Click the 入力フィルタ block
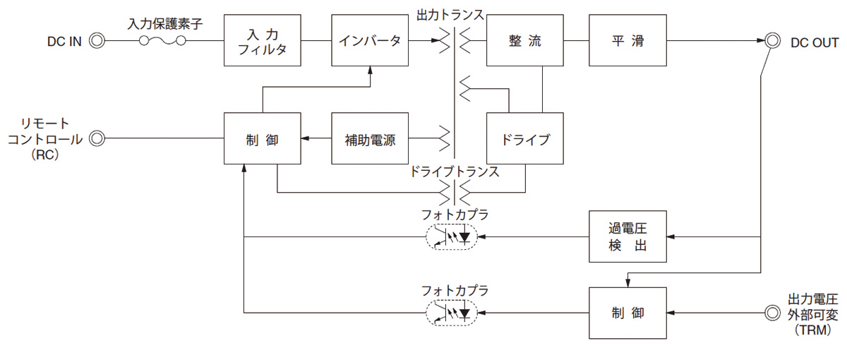pos(262,42)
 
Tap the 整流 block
pos(524,42)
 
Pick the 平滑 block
pos(627,42)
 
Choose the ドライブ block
pos(524,139)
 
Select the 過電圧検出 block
pos(627,237)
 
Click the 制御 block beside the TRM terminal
pos(627,313)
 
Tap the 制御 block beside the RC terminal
pos(262,139)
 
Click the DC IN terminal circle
pos(97,42)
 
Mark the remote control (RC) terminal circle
pos(97,139)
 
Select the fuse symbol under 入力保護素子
pos(163,42)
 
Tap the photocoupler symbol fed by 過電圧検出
pos(452,237)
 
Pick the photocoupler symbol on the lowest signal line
pos(452,313)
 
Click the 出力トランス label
pos(452,14)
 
